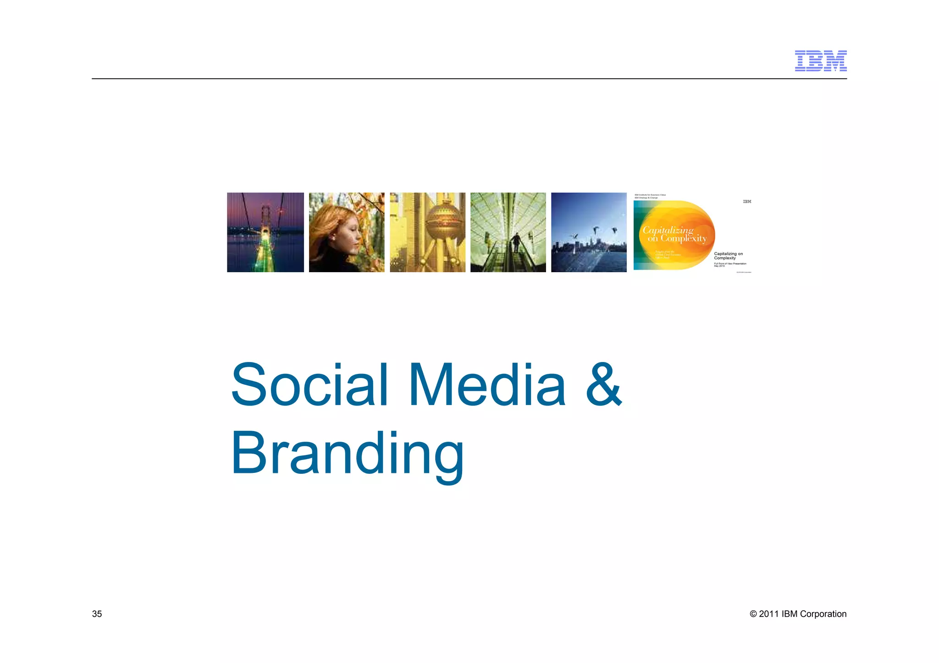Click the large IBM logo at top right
[x=820, y=61]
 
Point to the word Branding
[x=347, y=454]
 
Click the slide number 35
[x=97, y=614]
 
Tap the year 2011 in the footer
[x=769, y=614]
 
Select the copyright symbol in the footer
[x=753, y=614]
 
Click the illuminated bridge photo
[x=265, y=232]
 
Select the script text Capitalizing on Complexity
[x=674, y=234]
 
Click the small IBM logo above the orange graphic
[x=747, y=202]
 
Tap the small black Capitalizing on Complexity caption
[x=728, y=256]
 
